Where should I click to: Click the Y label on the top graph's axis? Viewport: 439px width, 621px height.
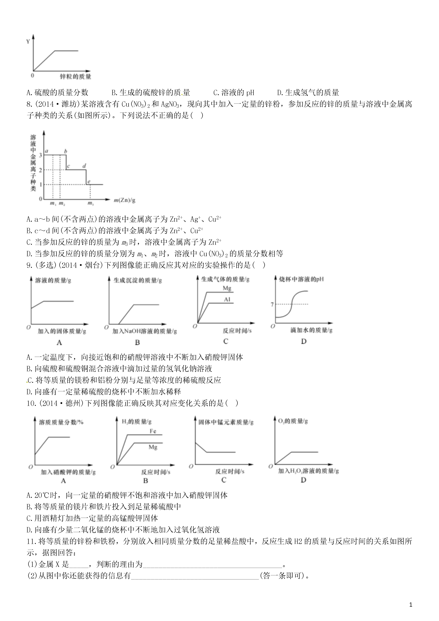[28, 41]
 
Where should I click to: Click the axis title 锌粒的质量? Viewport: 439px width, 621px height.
[75, 76]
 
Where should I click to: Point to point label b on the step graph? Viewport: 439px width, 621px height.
[66, 151]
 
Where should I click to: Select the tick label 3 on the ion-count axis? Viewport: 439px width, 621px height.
[41, 155]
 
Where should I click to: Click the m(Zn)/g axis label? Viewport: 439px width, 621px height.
[124, 200]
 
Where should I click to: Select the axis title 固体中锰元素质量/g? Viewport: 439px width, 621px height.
[226, 422]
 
